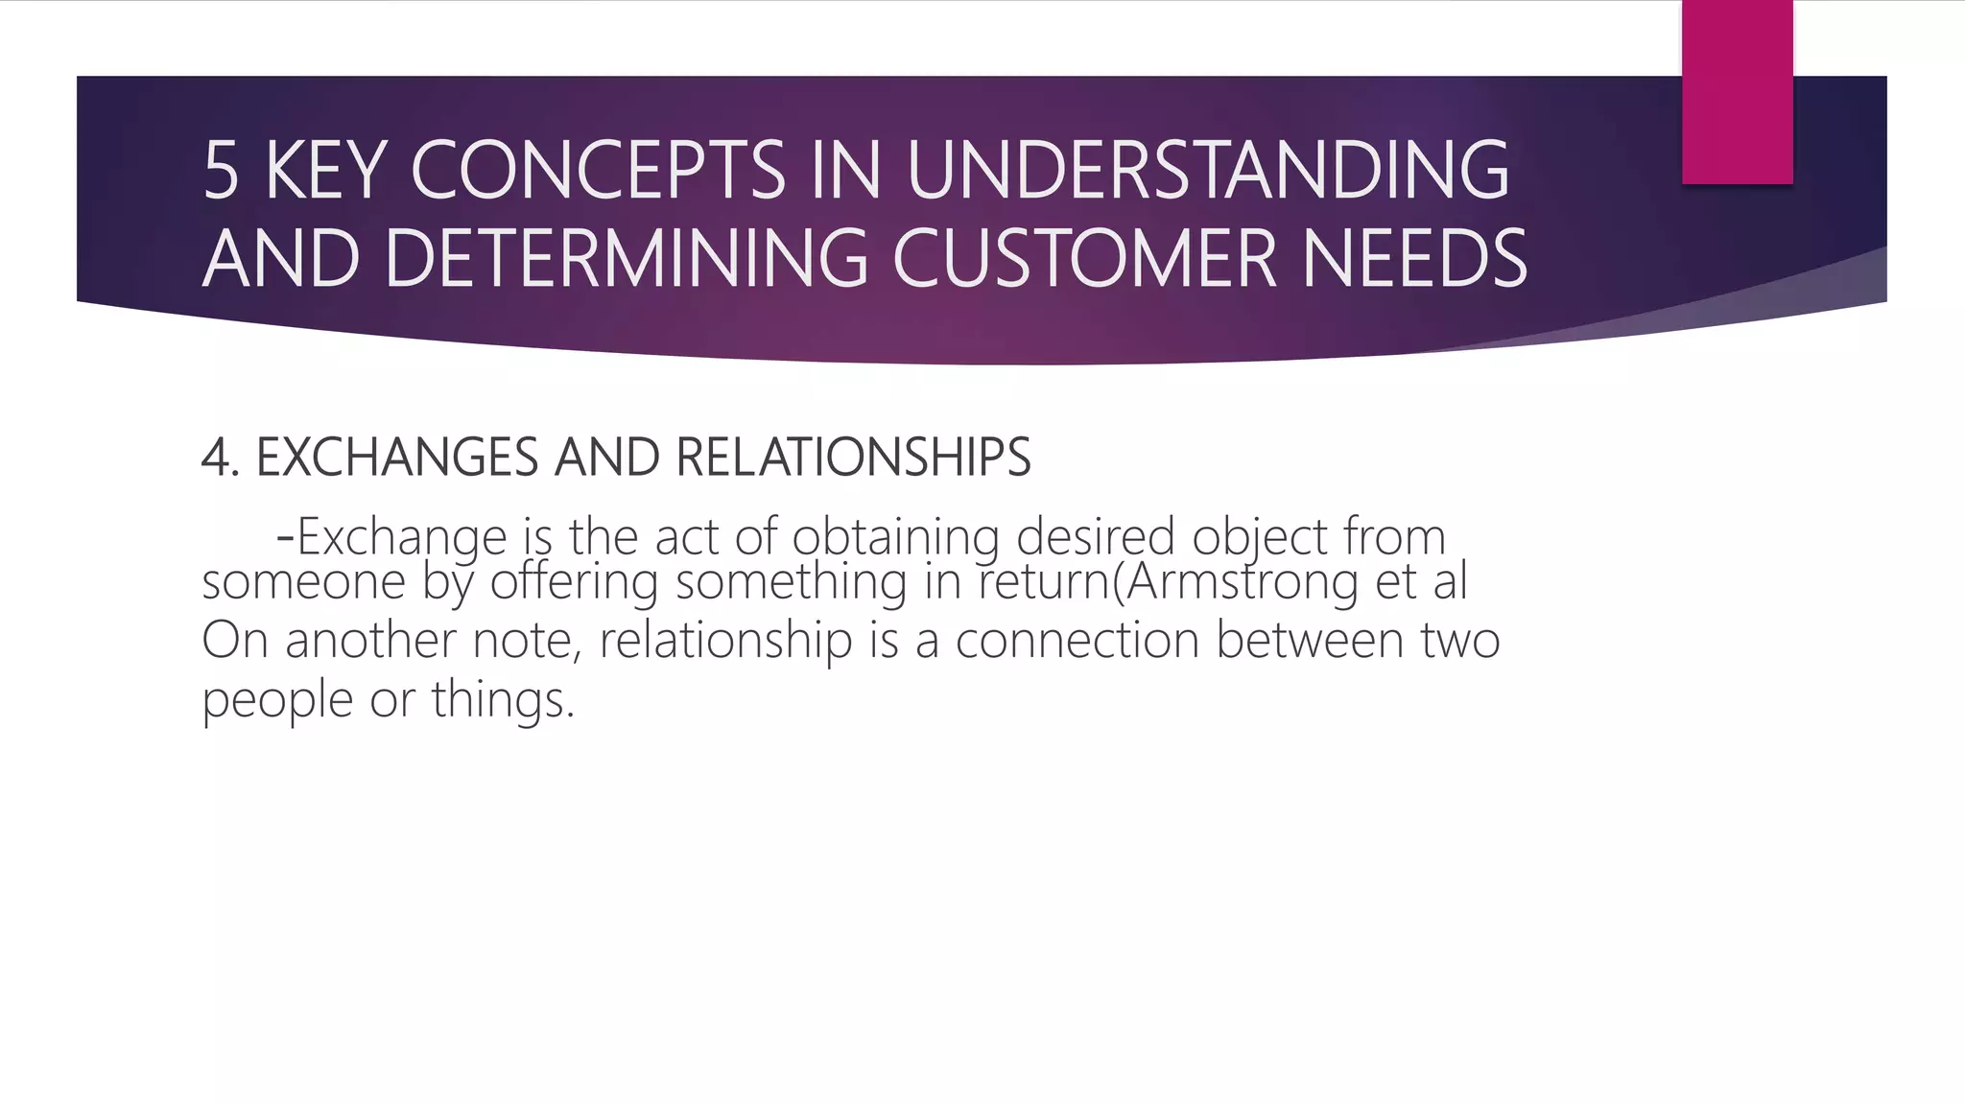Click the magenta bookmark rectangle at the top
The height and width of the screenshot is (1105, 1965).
tap(1737, 91)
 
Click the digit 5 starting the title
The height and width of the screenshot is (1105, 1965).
tap(221, 171)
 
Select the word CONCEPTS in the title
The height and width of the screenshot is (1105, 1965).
tap(598, 171)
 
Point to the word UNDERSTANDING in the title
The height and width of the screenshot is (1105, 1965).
tap(1207, 171)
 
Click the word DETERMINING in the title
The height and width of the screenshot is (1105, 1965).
tap(627, 259)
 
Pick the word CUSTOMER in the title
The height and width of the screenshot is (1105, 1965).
tap(1084, 259)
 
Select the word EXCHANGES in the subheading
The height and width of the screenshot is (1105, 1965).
tap(397, 458)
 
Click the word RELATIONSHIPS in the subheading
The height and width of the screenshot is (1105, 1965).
tap(853, 458)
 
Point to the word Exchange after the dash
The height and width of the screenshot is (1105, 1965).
tap(402, 537)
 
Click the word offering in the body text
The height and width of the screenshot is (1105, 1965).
tap(574, 581)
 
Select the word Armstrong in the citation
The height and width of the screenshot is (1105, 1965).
tap(1242, 581)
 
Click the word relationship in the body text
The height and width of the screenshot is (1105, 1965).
tap(725, 641)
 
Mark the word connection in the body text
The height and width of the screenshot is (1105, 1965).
tap(1077, 641)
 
